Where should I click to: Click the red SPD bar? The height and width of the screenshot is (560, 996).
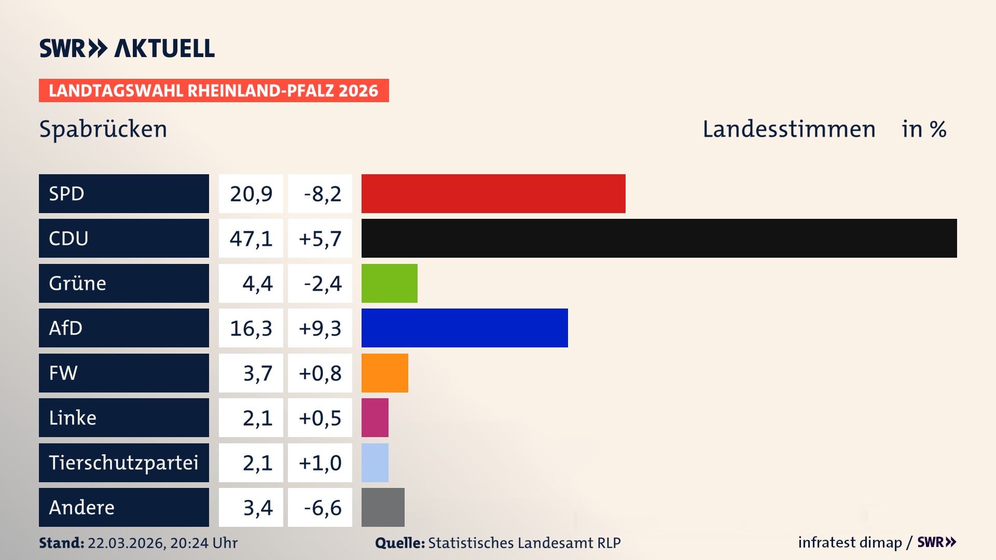[493, 193]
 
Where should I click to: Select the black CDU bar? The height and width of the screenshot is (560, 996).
[659, 238]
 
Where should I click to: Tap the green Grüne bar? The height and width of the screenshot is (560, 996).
[389, 283]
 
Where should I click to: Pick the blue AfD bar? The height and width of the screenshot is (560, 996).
[464, 328]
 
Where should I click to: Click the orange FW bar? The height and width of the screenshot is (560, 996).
[384, 373]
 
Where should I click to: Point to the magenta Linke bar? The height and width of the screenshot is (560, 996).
[375, 417]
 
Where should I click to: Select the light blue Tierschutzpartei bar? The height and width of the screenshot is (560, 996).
[375, 463]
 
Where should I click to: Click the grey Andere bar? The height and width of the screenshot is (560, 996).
[383, 507]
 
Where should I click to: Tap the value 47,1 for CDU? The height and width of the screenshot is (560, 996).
[251, 239]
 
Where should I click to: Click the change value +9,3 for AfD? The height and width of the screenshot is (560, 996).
[320, 328]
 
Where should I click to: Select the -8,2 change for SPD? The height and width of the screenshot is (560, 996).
[322, 194]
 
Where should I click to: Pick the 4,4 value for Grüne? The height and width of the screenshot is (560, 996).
[257, 284]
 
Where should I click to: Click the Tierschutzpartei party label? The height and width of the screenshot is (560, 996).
[123, 463]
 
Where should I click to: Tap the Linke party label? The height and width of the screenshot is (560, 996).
[73, 418]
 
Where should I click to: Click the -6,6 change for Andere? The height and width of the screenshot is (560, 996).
[322, 508]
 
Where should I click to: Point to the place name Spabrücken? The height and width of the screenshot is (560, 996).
[103, 129]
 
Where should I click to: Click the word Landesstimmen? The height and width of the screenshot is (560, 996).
[789, 129]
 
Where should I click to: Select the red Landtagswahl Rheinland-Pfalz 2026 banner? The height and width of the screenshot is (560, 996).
[214, 91]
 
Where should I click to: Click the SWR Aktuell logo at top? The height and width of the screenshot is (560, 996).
[127, 48]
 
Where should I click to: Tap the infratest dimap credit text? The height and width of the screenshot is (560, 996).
[850, 542]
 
